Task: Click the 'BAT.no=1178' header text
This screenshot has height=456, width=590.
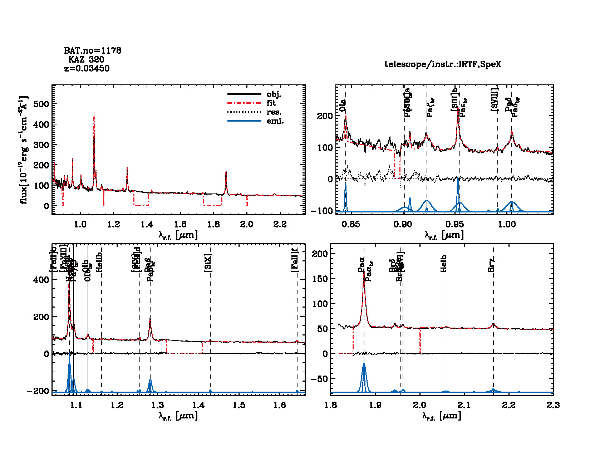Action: [x=93, y=51]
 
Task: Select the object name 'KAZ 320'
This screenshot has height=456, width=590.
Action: [x=86, y=60]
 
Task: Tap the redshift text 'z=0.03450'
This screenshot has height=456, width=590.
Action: [x=87, y=69]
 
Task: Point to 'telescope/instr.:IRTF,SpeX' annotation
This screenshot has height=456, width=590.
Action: [x=443, y=64]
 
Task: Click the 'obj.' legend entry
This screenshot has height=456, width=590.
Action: [x=274, y=94]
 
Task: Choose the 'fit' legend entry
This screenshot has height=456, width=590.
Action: [x=271, y=103]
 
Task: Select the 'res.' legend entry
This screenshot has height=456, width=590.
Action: [x=274, y=112]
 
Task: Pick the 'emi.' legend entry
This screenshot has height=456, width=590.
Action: [x=275, y=121]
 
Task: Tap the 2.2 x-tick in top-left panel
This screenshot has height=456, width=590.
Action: [x=280, y=224]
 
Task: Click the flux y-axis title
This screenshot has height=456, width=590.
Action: [x=24, y=150]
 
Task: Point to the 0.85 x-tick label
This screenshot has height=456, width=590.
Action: [x=351, y=224]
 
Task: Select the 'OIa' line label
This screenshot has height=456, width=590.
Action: [x=343, y=106]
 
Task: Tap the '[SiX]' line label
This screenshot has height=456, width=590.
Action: [x=208, y=263]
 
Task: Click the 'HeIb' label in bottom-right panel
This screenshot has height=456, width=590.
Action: [x=444, y=264]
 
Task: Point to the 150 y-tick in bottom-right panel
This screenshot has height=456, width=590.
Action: [x=320, y=279]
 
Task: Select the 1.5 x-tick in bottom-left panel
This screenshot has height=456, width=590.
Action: [x=239, y=405]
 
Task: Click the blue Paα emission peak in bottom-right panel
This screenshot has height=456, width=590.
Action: [x=364, y=364]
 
